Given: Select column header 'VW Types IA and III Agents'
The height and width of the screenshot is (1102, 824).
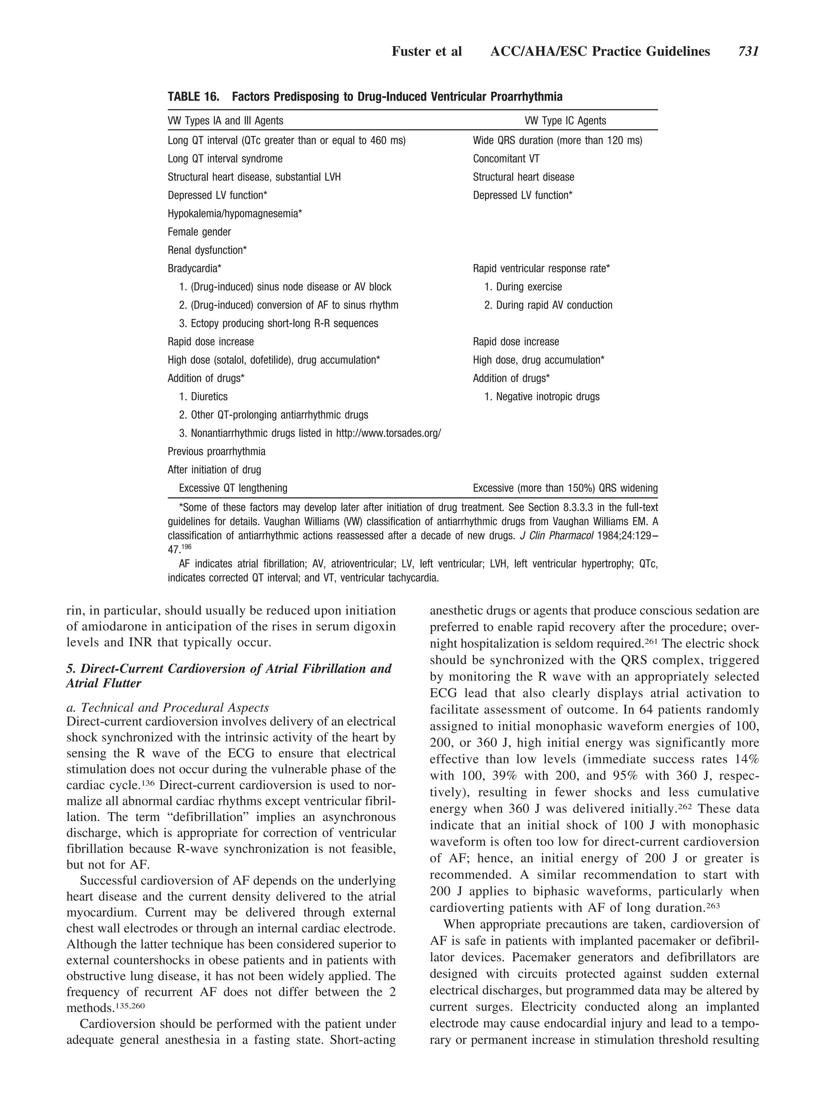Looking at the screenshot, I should (x=225, y=121).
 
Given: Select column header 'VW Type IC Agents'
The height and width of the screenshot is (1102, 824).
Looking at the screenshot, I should (x=565, y=121).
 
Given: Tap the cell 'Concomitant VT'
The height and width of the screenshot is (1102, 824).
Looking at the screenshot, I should (x=506, y=159).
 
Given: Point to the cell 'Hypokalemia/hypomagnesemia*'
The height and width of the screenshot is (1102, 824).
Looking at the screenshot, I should (x=235, y=214).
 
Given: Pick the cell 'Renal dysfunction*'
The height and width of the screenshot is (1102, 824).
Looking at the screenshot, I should (x=207, y=250).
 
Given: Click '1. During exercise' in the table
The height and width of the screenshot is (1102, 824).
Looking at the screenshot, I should (x=523, y=287).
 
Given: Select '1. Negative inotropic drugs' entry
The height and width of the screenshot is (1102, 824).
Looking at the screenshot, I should (x=542, y=397).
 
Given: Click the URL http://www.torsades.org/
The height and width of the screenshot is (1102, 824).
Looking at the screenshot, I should (x=388, y=433).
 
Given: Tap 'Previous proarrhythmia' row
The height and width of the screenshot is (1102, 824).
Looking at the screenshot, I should (x=216, y=452).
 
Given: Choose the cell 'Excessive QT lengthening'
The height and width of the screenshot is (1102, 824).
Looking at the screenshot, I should (x=233, y=488).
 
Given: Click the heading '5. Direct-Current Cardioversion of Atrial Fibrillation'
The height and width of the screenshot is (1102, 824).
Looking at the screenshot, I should (x=228, y=668).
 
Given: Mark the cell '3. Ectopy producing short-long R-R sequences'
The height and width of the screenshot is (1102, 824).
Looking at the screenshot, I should (x=278, y=324).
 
